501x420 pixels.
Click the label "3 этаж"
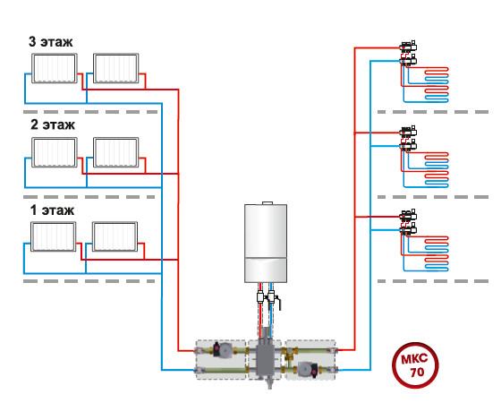(50, 41)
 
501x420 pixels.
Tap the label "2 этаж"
(53, 124)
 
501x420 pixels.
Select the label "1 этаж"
(52, 210)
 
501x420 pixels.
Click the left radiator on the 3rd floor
(55, 68)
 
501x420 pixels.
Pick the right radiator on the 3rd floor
(116, 68)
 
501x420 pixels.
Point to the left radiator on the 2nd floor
(55, 152)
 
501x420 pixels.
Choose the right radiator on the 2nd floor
(116, 152)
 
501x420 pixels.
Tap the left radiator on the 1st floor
(54, 236)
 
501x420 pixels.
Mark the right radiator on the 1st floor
(115, 236)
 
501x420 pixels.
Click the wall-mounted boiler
(266, 243)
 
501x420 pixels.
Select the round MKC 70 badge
(415, 365)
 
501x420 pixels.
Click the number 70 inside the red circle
(417, 372)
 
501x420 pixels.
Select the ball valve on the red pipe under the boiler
(260, 297)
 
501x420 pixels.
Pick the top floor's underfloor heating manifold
(408, 54)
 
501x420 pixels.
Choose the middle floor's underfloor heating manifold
(408, 139)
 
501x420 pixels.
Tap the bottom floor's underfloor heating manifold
(408, 223)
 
